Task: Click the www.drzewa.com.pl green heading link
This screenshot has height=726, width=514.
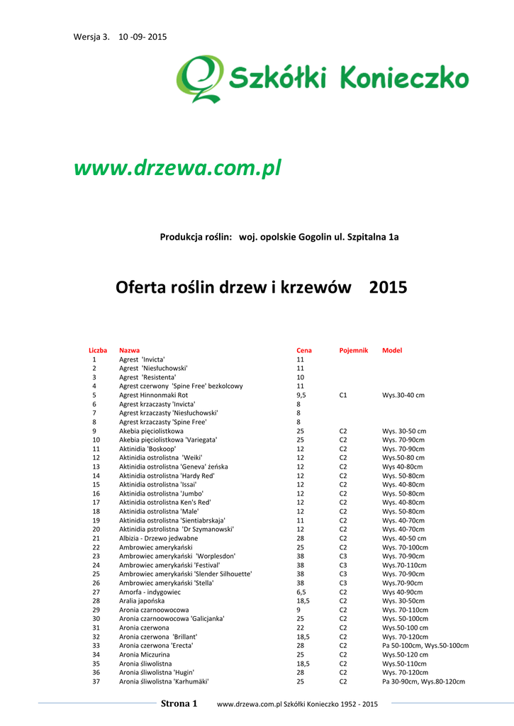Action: (x=178, y=169)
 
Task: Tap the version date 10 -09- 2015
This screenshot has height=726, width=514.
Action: (x=143, y=36)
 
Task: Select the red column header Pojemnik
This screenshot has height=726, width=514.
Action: (x=353, y=350)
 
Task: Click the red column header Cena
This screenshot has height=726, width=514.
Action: (x=303, y=350)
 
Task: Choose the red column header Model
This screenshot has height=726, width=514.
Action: (x=391, y=350)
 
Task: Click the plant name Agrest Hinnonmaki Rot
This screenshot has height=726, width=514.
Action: (x=153, y=395)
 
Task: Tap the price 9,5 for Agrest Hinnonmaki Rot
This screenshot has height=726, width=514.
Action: (x=301, y=395)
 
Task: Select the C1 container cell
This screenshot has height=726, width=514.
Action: (x=342, y=395)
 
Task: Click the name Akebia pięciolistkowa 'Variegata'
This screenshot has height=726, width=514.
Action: (x=168, y=440)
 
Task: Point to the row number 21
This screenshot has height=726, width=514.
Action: (x=96, y=538)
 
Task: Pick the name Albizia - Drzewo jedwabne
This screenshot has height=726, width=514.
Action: (x=158, y=538)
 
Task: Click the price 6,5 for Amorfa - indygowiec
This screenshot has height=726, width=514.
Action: (x=301, y=592)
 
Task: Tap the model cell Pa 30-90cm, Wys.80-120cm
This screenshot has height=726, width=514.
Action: (x=423, y=681)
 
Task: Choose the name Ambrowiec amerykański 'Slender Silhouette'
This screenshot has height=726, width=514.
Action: (x=185, y=574)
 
